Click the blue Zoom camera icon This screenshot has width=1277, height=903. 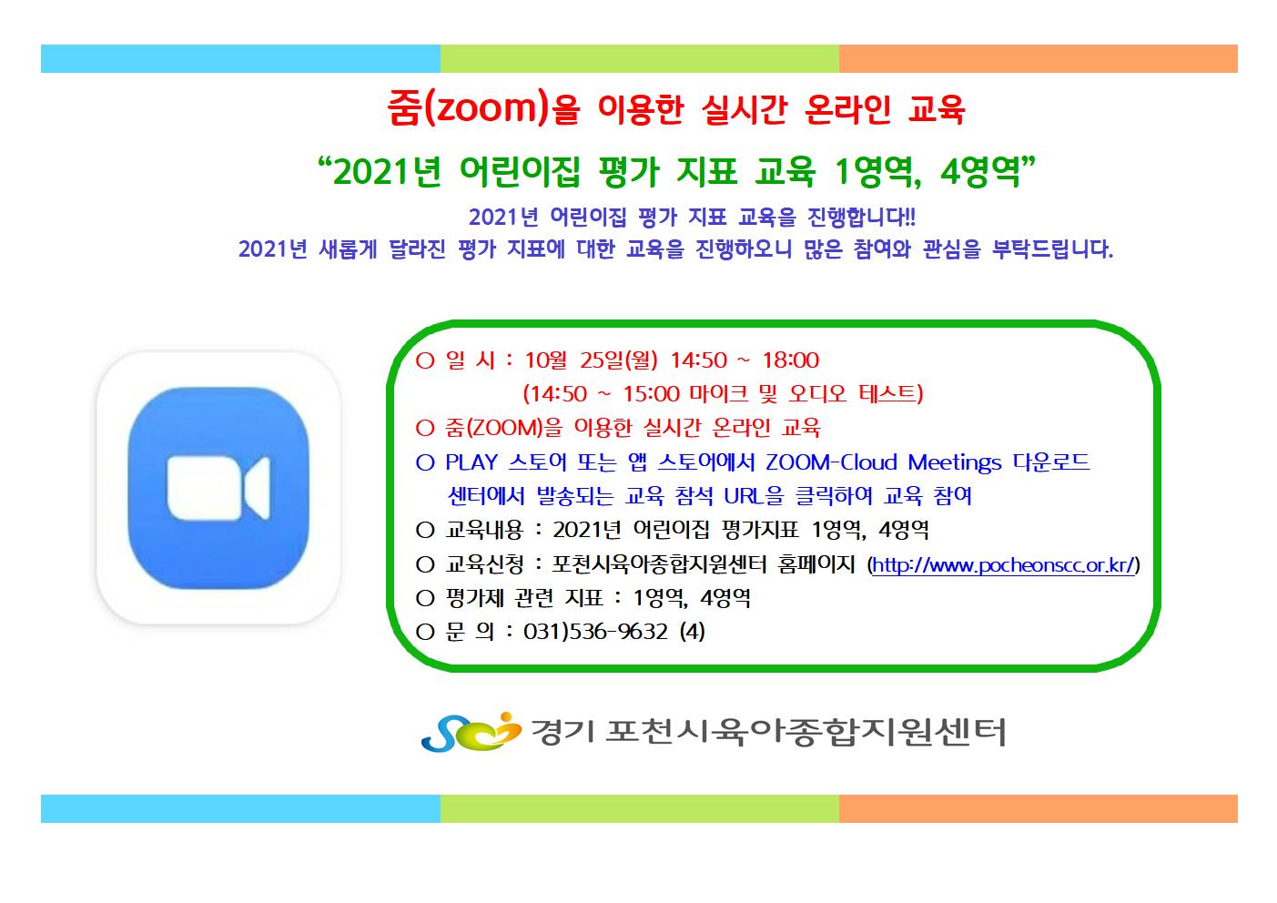point(218,487)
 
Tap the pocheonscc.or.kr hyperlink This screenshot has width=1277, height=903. point(1003,565)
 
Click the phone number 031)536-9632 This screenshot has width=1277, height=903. point(595,632)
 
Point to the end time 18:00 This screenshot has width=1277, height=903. point(791,360)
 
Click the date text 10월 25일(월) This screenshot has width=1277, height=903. point(591,360)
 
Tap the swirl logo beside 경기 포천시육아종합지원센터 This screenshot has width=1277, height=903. point(471,731)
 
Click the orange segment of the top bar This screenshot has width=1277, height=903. point(1039,59)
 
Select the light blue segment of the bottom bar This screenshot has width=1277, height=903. point(240,808)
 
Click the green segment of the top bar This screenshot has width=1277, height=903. point(639,59)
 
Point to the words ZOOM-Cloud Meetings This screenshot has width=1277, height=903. point(883,462)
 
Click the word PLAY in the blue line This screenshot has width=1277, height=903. point(471,462)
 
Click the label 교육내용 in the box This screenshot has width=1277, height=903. point(484,530)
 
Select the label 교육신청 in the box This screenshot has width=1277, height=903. point(484,564)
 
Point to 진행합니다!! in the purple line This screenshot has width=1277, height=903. point(861,217)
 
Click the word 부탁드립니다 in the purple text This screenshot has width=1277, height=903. point(1052,249)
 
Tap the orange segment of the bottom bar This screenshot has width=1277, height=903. point(1039,808)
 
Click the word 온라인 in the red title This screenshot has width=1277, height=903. point(847,109)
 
